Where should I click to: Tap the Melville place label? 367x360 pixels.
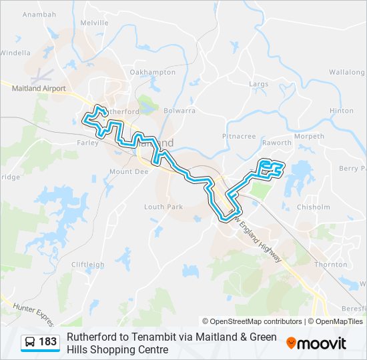coord(94,23)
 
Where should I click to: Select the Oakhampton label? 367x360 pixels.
coord(152,72)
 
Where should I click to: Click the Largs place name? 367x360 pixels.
coord(258,85)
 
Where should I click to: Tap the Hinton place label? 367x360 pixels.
coord(341,111)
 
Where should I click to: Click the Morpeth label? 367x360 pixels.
coord(309,137)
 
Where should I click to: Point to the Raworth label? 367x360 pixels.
coord(277,143)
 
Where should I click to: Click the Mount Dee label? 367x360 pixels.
coord(128,172)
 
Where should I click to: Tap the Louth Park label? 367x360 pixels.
coord(163,207)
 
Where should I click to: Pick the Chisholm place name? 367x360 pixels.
coord(313,207)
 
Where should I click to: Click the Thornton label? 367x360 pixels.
coord(331,265)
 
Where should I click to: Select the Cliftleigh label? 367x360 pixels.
coord(87,265)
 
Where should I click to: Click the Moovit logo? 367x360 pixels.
coord(316,343)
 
